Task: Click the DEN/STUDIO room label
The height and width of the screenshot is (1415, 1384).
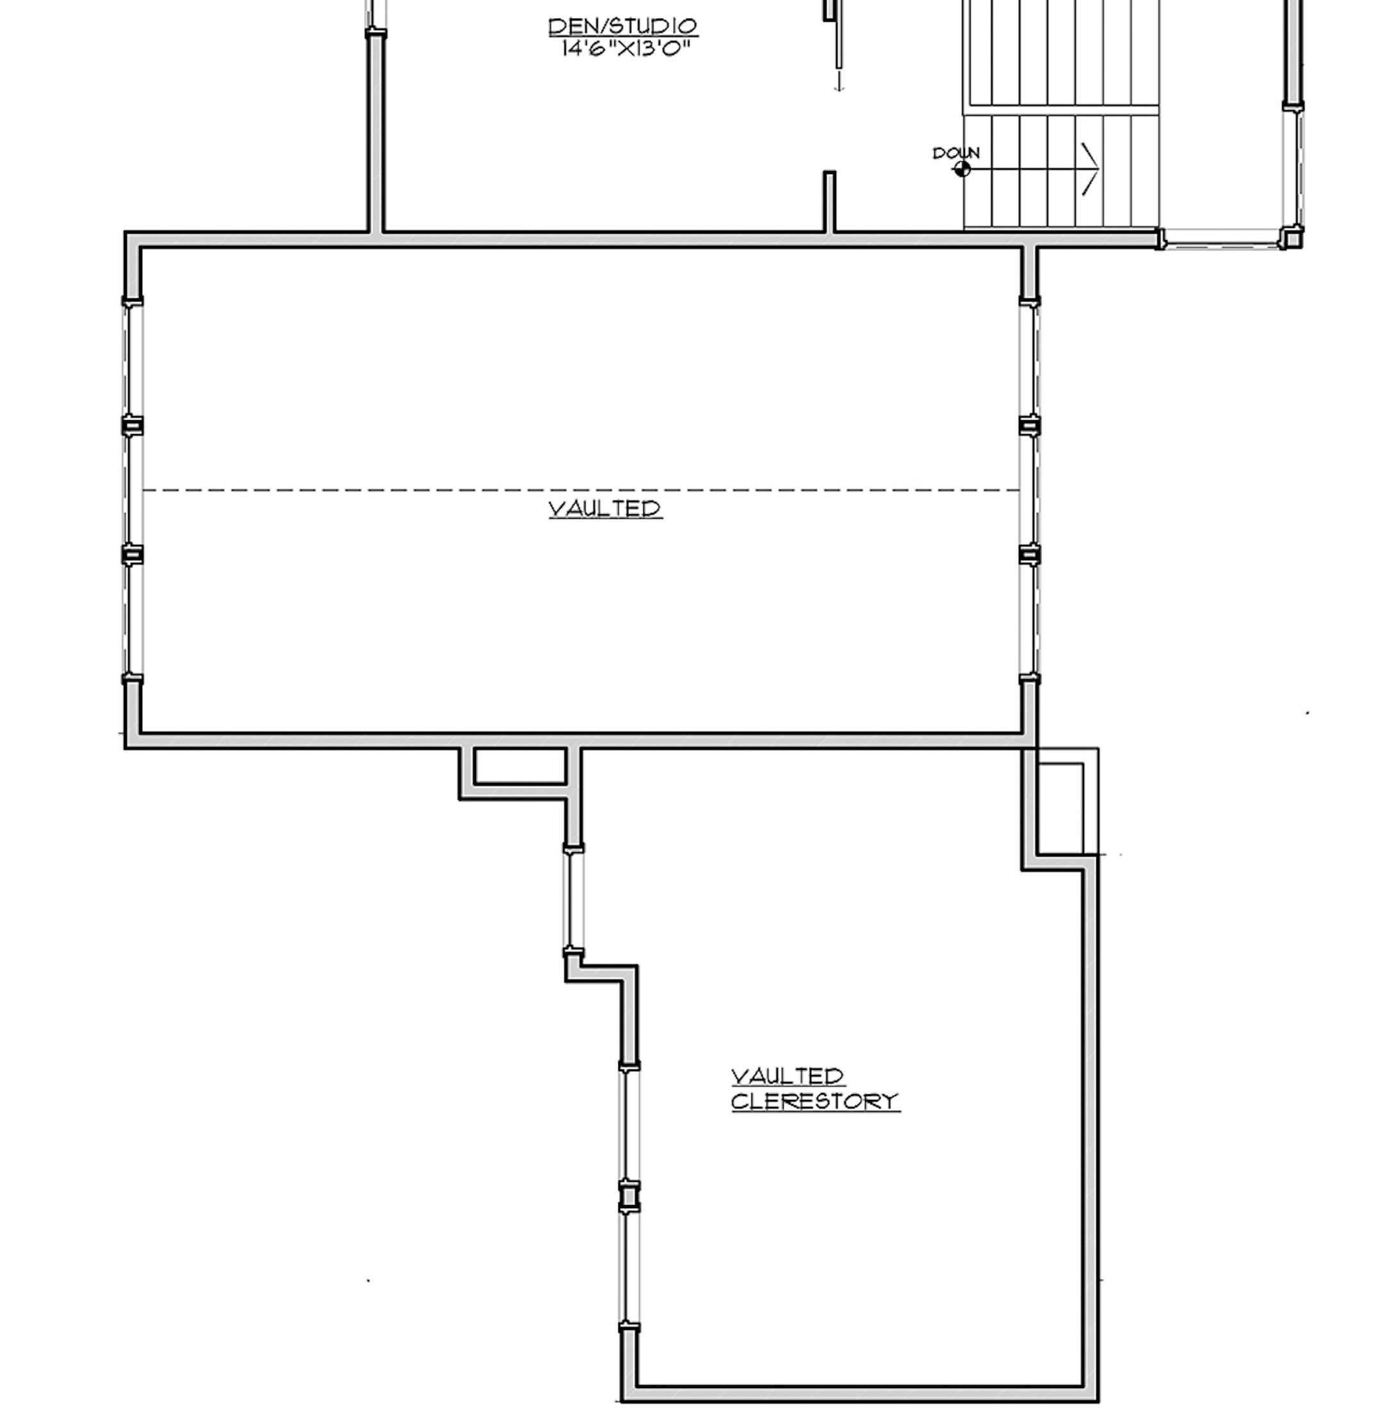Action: click(x=622, y=26)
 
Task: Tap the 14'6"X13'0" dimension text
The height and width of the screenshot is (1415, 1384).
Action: click(x=625, y=49)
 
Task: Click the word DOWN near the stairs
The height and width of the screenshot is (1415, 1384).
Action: click(x=956, y=153)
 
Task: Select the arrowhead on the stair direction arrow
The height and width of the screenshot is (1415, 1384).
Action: click(x=1091, y=169)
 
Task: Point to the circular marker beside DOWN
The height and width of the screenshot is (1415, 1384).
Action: click(x=962, y=169)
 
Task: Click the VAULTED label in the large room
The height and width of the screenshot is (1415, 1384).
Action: click(x=605, y=508)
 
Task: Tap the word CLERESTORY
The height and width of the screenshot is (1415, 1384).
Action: click(x=815, y=1102)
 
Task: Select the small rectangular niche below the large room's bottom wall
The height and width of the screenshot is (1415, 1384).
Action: click(x=520, y=766)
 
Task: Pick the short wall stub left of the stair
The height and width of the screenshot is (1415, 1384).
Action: click(x=828, y=201)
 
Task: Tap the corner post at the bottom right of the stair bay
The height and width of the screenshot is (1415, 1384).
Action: click(x=1291, y=237)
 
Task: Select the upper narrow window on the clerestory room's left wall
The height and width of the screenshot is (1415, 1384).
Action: click(x=573, y=900)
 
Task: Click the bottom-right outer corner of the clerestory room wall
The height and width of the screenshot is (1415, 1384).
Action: click(x=1098, y=1400)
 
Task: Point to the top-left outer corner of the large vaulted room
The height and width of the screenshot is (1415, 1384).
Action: click(x=126, y=233)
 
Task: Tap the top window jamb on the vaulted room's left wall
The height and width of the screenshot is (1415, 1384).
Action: click(x=131, y=301)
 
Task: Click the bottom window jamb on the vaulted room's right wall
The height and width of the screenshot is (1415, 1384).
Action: click(x=1029, y=680)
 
